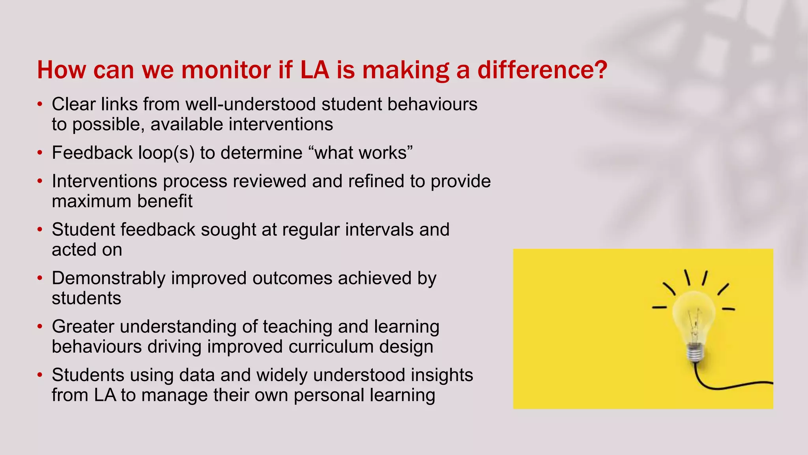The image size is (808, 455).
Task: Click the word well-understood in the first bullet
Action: click(x=251, y=104)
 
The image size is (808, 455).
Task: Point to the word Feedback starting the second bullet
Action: click(x=92, y=153)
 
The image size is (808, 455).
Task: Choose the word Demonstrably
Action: click(x=108, y=278)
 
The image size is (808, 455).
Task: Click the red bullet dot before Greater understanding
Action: click(x=39, y=327)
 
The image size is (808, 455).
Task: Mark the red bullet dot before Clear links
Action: click(x=39, y=105)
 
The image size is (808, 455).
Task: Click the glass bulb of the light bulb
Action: click(x=694, y=316)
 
